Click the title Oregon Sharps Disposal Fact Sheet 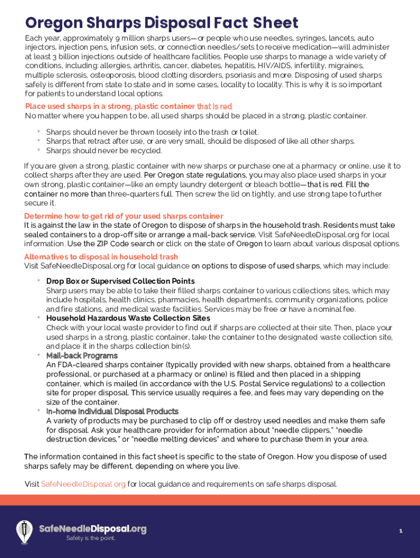tap(161, 23)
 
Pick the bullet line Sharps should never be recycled tap(104, 150)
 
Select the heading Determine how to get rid tap(123, 216)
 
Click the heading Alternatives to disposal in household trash tap(101, 257)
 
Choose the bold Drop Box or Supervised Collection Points tap(120, 281)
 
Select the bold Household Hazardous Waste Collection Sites tap(128, 318)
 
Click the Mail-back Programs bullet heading tap(82, 356)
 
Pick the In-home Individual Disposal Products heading tap(112, 411)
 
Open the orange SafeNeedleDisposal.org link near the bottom tap(83, 484)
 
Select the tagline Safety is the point tap(91, 538)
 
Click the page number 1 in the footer tap(400, 531)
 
